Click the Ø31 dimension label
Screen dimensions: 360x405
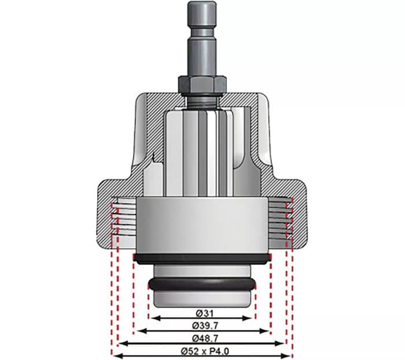202,313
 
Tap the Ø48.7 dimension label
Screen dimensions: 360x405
202,336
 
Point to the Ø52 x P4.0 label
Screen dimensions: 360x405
202,350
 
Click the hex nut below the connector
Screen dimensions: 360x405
202,86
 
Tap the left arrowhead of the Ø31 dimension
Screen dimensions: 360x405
152,318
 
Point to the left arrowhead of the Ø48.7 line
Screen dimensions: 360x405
121,343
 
